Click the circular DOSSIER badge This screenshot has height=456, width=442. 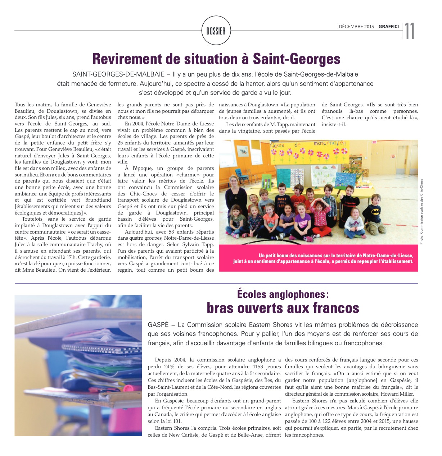pos(216,31)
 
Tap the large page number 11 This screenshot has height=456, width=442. pos(410,31)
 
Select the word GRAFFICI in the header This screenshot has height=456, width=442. pos(388,27)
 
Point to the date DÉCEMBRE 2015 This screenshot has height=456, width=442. pos(356,27)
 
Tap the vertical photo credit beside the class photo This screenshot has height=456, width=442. pos(421,212)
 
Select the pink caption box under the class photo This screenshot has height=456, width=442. pos(318,258)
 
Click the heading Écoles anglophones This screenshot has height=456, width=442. pos(283,294)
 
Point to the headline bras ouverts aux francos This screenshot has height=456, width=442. pos(283,308)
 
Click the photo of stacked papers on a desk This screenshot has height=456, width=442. pos(78,365)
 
